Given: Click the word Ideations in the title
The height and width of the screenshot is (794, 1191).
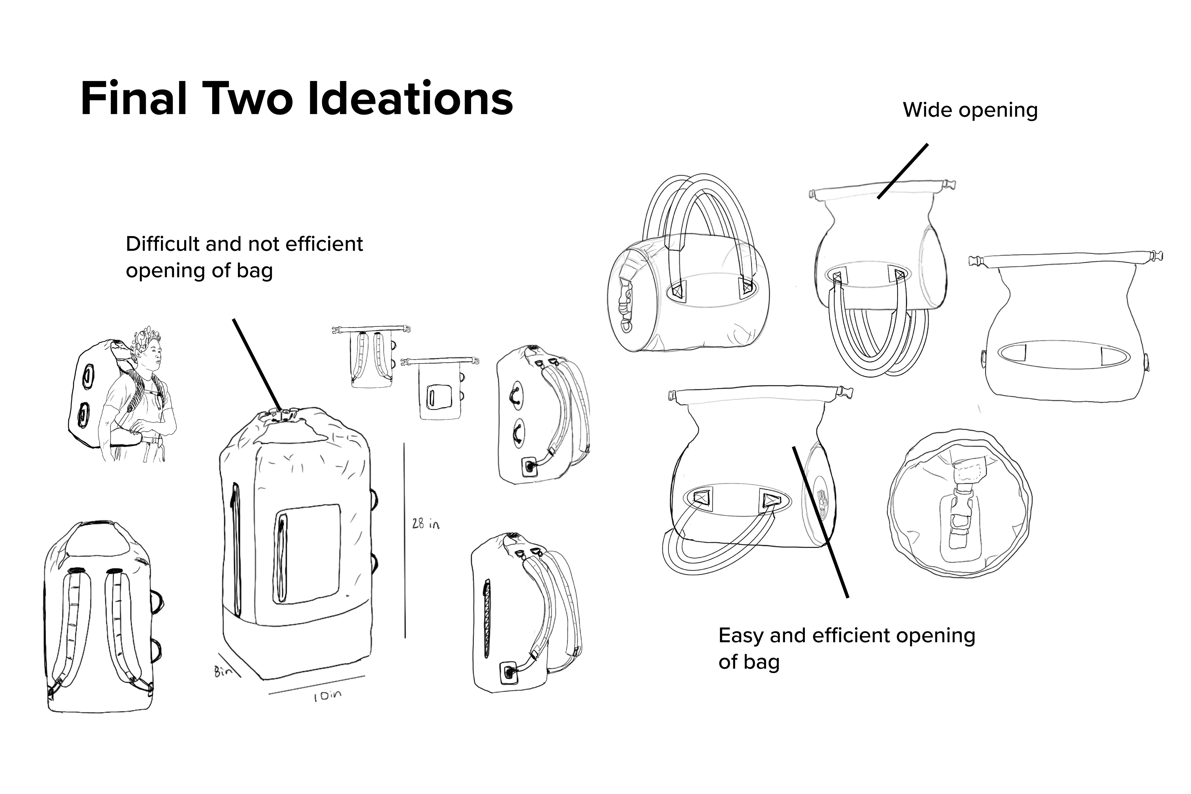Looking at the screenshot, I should click(410, 98).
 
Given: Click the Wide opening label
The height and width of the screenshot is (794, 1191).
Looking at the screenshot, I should click(970, 110).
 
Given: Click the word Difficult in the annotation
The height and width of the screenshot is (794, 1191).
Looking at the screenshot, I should click(162, 244).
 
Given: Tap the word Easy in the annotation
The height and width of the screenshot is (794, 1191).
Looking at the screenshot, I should click(742, 636).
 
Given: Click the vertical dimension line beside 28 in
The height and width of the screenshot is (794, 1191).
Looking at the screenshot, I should click(404, 539).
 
